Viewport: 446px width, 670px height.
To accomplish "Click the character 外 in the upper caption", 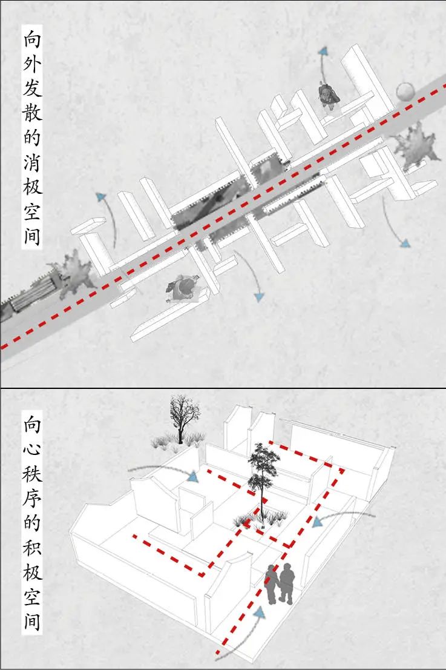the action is pos(32,65).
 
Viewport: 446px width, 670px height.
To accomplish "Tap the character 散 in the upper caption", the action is pos(32,113).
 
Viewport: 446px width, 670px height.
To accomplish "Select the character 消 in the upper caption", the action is pos(32,162).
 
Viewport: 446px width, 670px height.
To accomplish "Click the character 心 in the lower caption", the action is pos(32,449).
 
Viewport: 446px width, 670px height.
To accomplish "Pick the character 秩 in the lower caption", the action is pos(32,474).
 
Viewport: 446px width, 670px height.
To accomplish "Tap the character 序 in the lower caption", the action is pos(32,498).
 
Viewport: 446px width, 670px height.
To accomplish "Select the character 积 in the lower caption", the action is pos(32,548).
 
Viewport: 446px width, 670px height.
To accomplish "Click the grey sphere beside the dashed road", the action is pos(405,91).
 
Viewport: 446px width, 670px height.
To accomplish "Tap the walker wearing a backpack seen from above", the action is pos(329,96).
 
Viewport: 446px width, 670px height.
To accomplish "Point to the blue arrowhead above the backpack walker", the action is pos(323,51).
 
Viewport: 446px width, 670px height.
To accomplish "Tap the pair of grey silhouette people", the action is pos(280,584).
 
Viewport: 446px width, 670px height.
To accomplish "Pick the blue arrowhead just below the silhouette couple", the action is pos(260,614).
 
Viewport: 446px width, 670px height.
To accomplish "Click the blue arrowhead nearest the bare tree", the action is pos(193,476).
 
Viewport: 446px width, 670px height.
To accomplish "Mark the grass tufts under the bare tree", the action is pos(177,442).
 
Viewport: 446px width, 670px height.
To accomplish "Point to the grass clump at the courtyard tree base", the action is pos(260,519).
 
